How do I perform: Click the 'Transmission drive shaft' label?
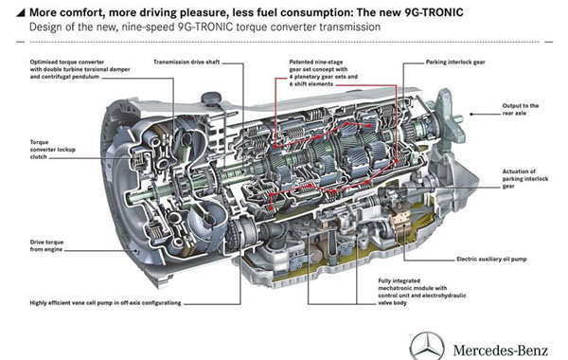(x=186, y=62)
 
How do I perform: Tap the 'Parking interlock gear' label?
(x=455, y=62)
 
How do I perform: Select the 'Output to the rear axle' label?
(x=520, y=110)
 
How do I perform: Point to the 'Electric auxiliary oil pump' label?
(x=491, y=260)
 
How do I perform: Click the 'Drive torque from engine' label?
(x=46, y=245)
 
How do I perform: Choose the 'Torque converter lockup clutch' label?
(x=52, y=150)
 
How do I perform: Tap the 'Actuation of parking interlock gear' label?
(x=524, y=179)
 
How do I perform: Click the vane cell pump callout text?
(x=105, y=303)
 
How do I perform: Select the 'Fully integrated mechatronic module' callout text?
(x=422, y=292)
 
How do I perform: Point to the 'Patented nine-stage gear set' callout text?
(x=324, y=73)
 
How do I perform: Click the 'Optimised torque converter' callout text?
(x=80, y=69)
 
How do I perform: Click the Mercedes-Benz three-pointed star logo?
(x=427, y=346)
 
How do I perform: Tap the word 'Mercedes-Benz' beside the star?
(x=500, y=351)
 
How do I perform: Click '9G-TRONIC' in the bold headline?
(x=434, y=12)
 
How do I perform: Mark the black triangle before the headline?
(x=22, y=13)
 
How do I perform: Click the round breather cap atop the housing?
(x=211, y=98)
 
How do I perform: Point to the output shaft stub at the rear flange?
(x=457, y=118)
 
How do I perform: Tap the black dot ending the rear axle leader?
(x=471, y=114)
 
